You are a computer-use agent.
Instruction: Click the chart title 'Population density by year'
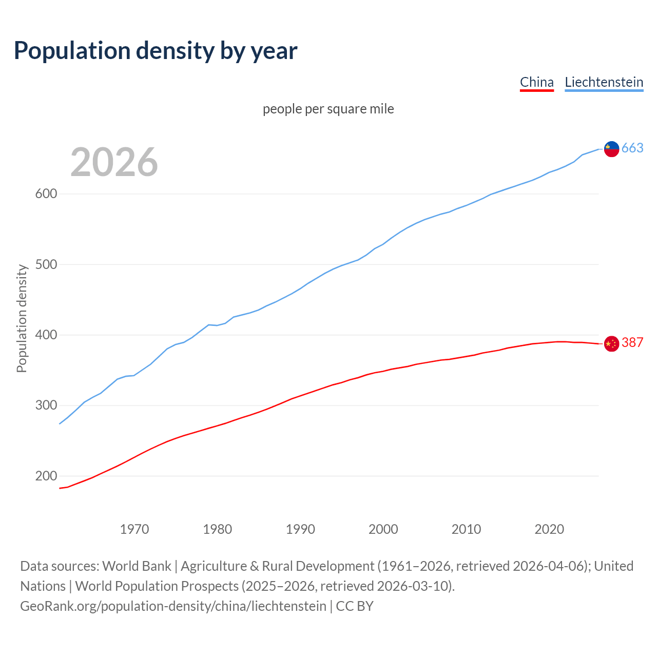click(156, 51)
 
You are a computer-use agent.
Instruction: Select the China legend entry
click(536, 82)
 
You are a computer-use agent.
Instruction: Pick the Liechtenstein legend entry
click(604, 82)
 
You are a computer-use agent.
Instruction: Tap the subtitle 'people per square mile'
click(328, 109)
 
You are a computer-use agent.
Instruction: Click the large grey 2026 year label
click(114, 162)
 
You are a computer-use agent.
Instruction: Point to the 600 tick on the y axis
click(46, 194)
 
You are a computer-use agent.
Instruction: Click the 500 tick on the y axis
click(46, 265)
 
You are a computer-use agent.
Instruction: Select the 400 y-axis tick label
click(46, 335)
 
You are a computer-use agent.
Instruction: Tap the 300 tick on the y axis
click(46, 405)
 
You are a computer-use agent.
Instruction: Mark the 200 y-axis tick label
click(46, 476)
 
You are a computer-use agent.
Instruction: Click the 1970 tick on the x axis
click(134, 529)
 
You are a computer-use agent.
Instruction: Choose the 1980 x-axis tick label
click(217, 529)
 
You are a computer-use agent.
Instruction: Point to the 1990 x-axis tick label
click(300, 529)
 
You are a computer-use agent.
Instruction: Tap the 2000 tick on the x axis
click(383, 529)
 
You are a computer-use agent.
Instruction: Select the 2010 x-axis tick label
click(466, 529)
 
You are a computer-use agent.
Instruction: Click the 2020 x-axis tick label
click(549, 529)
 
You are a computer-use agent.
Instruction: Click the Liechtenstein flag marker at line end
click(611, 149)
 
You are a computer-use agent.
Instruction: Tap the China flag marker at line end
click(611, 343)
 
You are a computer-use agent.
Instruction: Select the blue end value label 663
click(632, 148)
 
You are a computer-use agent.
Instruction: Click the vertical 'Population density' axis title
click(22, 318)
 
